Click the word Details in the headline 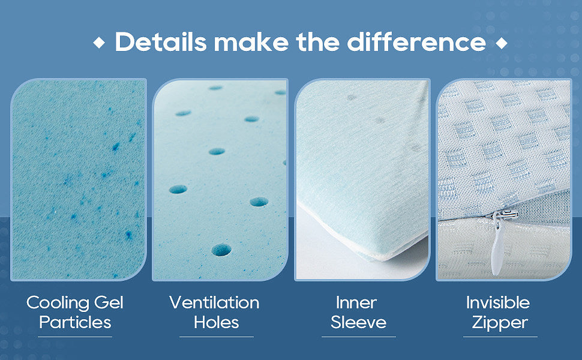tap(161, 41)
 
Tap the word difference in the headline tap(416, 41)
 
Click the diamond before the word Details tap(99, 43)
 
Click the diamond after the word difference tap(502, 43)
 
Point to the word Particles tap(75, 322)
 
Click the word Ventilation tap(215, 302)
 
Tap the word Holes tap(217, 322)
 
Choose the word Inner tap(356, 302)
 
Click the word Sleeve tap(359, 322)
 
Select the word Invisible tap(498, 302)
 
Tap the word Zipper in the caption tap(500, 323)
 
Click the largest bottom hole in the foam tap(221, 250)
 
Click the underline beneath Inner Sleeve tap(359, 337)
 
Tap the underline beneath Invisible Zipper tap(500, 337)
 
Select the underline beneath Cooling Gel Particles tap(75, 337)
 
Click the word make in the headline tap(251, 41)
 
